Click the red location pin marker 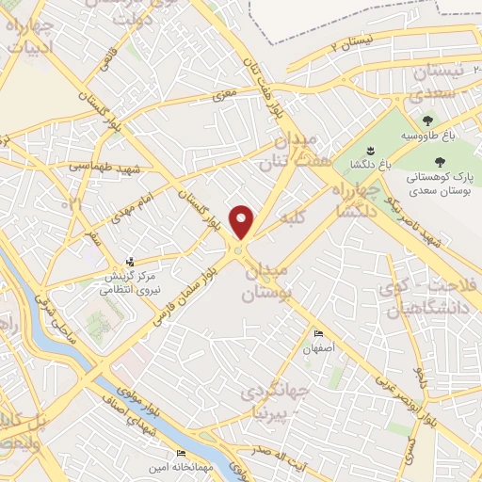point(241,222)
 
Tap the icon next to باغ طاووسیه point(428,120)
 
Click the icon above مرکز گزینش point(131,264)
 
